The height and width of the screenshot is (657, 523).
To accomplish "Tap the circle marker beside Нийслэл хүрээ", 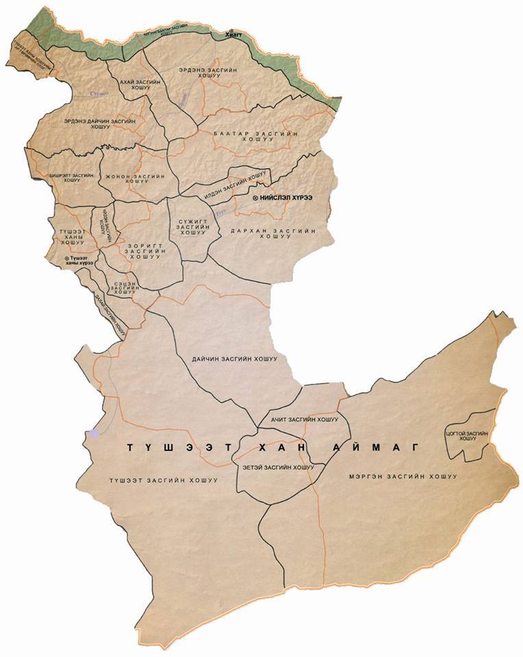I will [x=255, y=197].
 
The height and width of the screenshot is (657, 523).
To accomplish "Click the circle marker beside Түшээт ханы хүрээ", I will [x=66, y=258].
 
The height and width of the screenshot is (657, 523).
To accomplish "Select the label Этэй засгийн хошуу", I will [x=279, y=468].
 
